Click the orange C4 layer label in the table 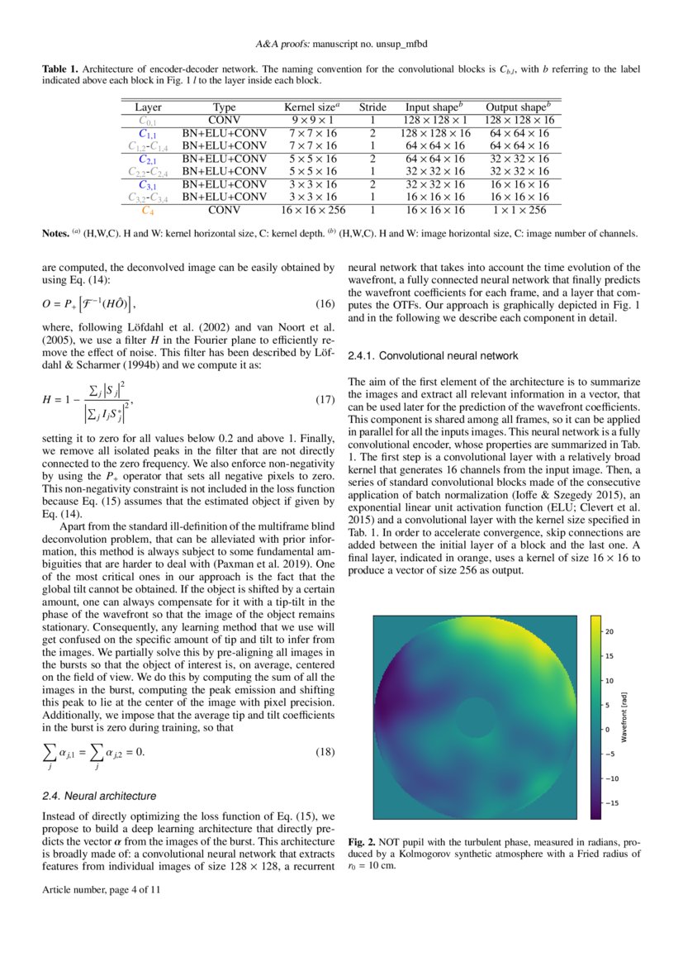tap(148, 210)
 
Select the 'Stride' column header tap(372, 107)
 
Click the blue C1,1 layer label tap(148, 133)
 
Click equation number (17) tap(325, 400)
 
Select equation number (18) tap(325, 752)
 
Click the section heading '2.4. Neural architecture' tap(98, 796)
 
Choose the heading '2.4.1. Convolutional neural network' tap(433, 355)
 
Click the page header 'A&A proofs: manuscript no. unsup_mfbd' tap(341, 43)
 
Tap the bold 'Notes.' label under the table tap(56, 234)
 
